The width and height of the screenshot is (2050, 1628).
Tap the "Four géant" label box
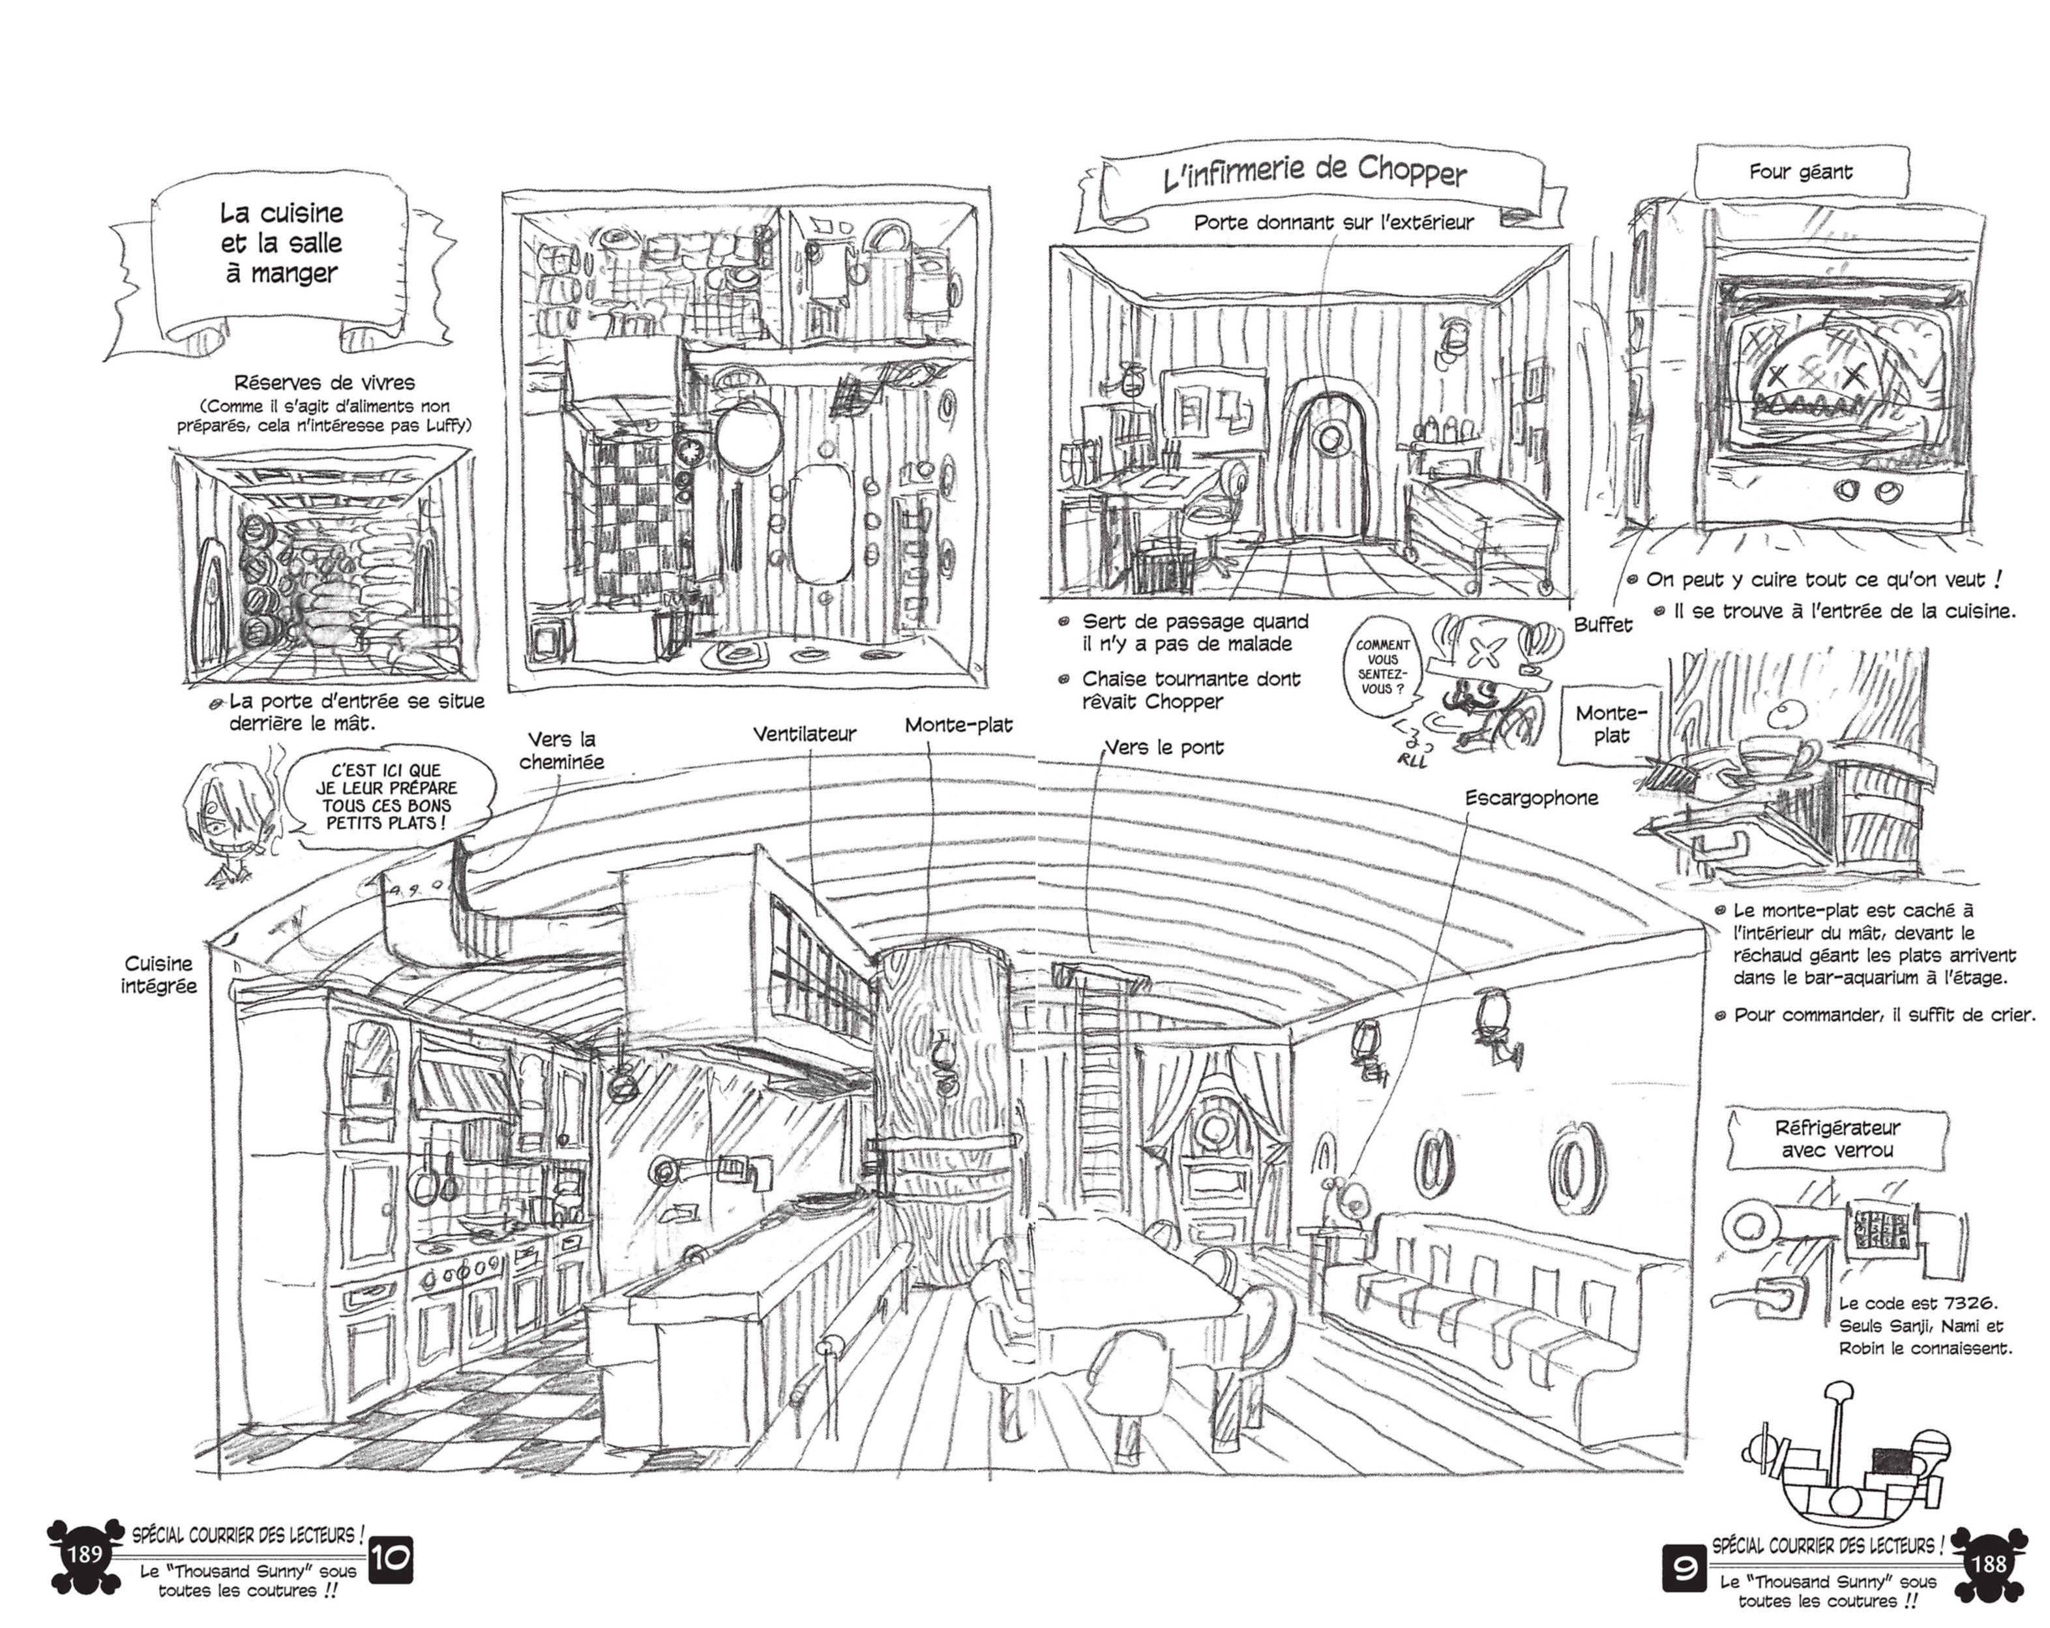pyautogui.click(x=1800, y=172)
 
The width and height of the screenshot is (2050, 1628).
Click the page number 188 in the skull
pyautogui.click(x=1988, y=1563)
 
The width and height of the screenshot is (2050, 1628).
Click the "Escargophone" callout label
pyautogui.click(x=1531, y=798)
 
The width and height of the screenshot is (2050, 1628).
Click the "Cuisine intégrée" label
pyautogui.click(x=159, y=974)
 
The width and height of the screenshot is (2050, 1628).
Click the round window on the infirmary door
pyautogui.click(x=1331, y=438)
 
